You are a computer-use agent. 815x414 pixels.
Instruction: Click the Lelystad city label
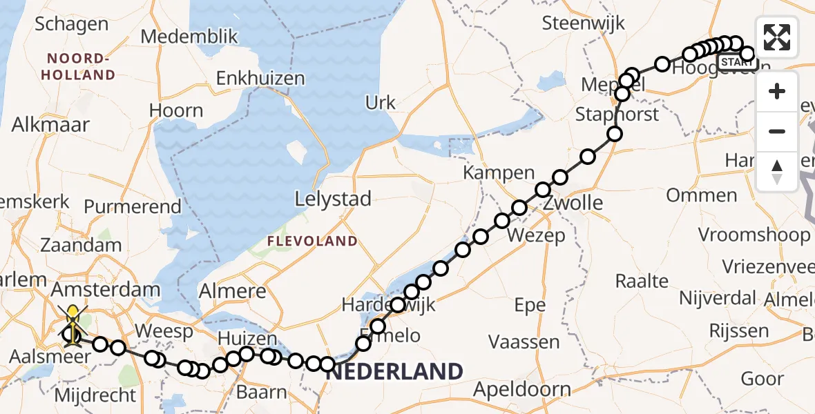click(x=333, y=199)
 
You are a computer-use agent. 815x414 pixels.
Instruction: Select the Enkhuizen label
click(x=260, y=79)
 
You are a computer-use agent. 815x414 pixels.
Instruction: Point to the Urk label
click(x=381, y=103)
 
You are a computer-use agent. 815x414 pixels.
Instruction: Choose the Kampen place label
click(x=499, y=172)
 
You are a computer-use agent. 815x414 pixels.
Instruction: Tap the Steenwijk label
click(x=584, y=23)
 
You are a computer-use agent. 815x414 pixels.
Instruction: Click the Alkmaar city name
click(x=50, y=125)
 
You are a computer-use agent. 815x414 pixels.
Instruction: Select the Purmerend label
click(x=133, y=206)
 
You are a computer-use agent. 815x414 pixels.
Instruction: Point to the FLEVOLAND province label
click(x=314, y=241)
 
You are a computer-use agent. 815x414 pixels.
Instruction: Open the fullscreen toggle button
click(x=777, y=37)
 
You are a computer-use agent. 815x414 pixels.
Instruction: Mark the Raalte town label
click(x=642, y=281)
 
